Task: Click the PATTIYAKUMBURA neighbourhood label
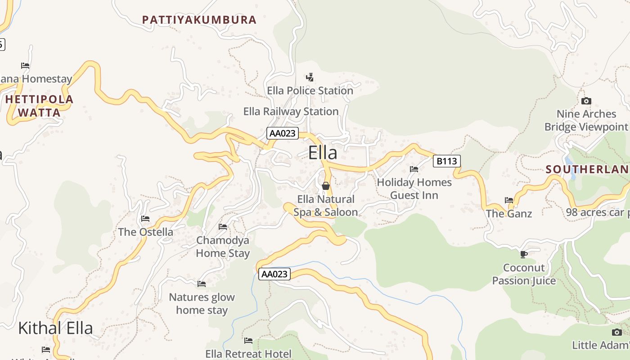(x=199, y=20)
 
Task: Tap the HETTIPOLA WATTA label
(x=40, y=106)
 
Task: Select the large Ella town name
(x=323, y=153)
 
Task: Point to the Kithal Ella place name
(x=55, y=328)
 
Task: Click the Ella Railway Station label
(x=291, y=112)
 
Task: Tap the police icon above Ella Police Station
(x=310, y=77)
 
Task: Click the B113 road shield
(x=446, y=161)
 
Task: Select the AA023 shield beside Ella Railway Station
(x=283, y=133)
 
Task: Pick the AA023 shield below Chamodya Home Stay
(x=274, y=274)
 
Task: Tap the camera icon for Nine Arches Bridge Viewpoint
(x=586, y=101)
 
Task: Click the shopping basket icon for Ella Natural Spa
(x=326, y=185)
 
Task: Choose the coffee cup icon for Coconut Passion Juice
(x=523, y=255)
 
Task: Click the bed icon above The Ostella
(x=145, y=219)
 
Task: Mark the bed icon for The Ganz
(x=509, y=200)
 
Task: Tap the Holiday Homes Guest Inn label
(x=414, y=189)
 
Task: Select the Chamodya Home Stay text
(x=222, y=247)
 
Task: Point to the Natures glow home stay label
(x=202, y=303)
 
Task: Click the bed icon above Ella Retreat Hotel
(x=248, y=341)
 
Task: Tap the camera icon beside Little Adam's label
(x=617, y=333)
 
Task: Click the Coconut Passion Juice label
(x=524, y=274)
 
